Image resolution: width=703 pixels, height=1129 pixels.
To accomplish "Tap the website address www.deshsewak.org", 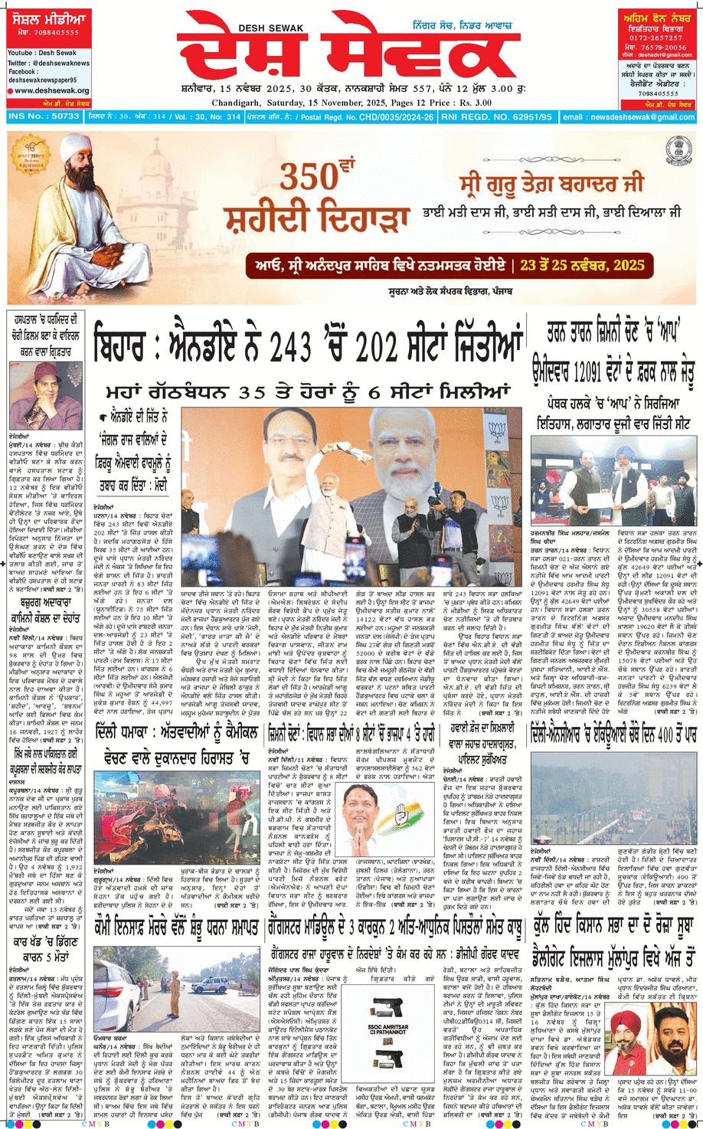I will (51, 90).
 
